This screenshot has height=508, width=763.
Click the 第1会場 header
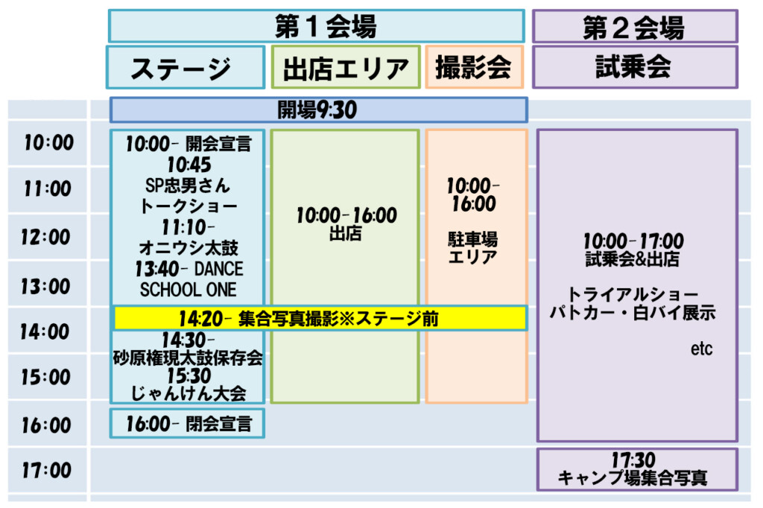316,26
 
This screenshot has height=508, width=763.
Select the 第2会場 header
635,26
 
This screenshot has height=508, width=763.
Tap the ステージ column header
186,68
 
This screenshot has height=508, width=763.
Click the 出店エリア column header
346,68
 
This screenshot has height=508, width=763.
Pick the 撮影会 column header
475,67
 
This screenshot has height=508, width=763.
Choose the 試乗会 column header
635,67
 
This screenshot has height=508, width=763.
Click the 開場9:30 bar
319,110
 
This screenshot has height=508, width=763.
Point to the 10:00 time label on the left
48,142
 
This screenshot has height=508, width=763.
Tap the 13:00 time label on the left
45,286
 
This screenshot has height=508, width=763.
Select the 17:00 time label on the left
47,470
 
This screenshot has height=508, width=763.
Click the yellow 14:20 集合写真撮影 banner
320,318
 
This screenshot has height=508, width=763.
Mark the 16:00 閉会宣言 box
187,423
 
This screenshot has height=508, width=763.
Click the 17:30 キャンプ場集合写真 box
638,469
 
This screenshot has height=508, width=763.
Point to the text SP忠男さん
187,185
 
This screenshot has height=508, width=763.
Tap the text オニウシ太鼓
189,248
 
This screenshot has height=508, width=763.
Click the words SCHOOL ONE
189,290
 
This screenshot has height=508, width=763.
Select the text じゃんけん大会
189,393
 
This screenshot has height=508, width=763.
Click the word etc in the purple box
701,349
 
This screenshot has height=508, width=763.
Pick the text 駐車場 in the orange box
473,239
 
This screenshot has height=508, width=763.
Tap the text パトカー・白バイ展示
633,312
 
